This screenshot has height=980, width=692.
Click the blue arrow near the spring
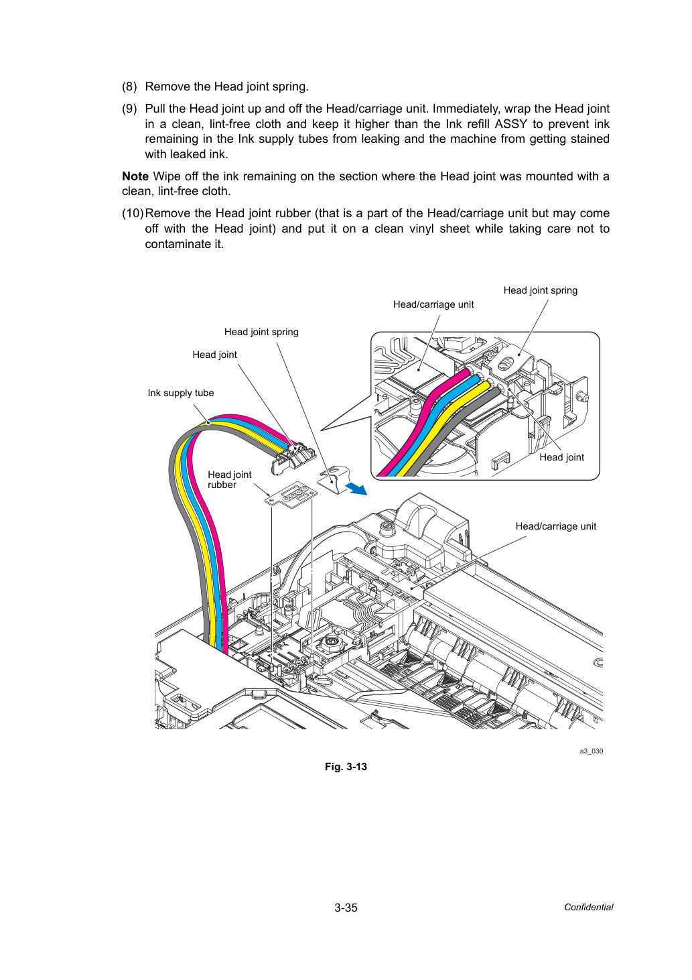[356, 488]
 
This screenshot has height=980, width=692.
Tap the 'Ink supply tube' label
[181, 393]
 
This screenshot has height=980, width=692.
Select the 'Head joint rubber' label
[229, 479]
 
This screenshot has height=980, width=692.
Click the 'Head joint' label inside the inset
[561, 457]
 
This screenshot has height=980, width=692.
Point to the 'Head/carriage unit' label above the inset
[433, 304]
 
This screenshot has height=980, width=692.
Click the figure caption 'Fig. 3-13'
[346, 766]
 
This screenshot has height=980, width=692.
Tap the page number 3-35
[346, 908]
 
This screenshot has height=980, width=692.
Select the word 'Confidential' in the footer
[588, 907]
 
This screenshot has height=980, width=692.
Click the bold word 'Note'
[135, 176]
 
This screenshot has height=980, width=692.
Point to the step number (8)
[129, 86]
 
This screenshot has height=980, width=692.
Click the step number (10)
[133, 214]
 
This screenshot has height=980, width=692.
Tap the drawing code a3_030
[591, 751]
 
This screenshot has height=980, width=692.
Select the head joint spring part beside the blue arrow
[335, 479]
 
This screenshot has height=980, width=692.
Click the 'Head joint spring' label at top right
[541, 290]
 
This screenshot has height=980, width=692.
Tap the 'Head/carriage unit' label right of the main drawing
[555, 526]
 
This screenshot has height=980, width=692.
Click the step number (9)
[129, 109]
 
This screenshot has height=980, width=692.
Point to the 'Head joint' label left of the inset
[214, 355]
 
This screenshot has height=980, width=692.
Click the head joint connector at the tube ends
[293, 458]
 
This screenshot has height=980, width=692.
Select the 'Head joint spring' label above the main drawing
[261, 332]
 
